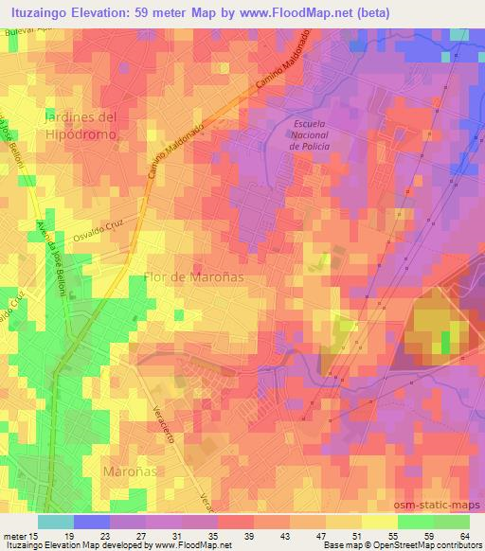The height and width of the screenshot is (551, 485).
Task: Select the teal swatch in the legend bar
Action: click(55, 522)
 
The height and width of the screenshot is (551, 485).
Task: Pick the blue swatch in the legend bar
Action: click(91, 522)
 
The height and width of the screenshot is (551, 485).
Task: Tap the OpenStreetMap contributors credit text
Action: click(417, 544)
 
